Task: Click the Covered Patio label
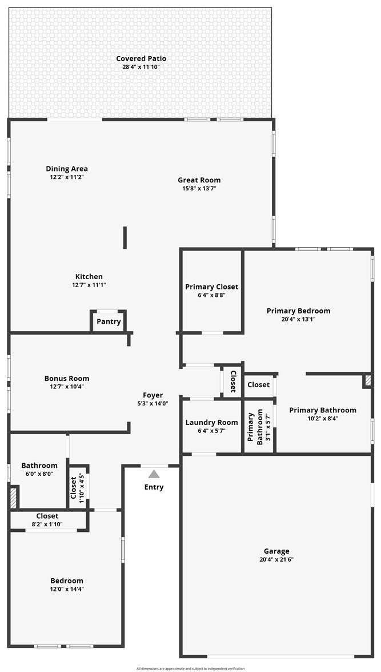[x=141, y=58]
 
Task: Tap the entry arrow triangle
[x=154, y=474]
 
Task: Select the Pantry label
[x=109, y=322]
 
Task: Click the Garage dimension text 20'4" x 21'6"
[x=276, y=559]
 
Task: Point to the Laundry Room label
[x=211, y=423]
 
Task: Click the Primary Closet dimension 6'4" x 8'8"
[x=211, y=295]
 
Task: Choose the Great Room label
[x=199, y=180]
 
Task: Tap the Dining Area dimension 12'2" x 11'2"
[x=67, y=177]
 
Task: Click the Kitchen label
[x=89, y=276]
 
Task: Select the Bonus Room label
[x=67, y=379]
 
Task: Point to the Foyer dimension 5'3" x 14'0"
[x=153, y=403]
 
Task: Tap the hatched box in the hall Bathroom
[x=13, y=497]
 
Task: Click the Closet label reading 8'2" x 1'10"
[x=47, y=524]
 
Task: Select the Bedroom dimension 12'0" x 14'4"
[x=67, y=589]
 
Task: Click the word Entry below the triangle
[x=154, y=487]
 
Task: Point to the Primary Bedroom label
[x=298, y=311]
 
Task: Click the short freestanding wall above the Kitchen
[x=125, y=237]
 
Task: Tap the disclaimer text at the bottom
[x=191, y=669]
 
